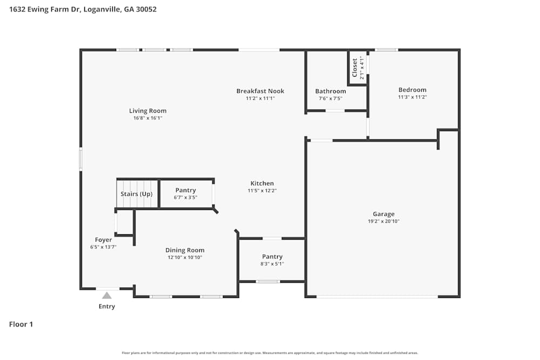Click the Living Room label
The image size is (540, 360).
pyautogui.click(x=147, y=111)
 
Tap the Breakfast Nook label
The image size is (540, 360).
pyautogui.click(x=260, y=91)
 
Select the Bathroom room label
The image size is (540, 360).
pyautogui.click(x=330, y=91)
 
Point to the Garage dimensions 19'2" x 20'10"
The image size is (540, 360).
pyautogui.click(x=383, y=221)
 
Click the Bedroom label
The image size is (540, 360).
pyautogui.click(x=412, y=90)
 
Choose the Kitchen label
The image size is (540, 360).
pyautogui.click(x=262, y=183)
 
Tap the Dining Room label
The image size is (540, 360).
pyautogui.click(x=185, y=250)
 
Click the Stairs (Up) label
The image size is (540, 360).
pyautogui.click(x=136, y=194)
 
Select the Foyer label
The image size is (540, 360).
pyautogui.click(x=103, y=240)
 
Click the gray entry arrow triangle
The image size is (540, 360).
pyautogui.click(x=107, y=295)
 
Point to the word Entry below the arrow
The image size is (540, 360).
pyautogui.click(x=106, y=307)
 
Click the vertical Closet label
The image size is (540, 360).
pyautogui.click(x=355, y=67)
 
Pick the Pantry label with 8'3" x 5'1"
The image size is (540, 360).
pyautogui.click(x=272, y=256)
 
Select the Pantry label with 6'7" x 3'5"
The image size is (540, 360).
pyautogui.click(x=185, y=190)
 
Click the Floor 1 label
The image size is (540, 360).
pyautogui.click(x=21, y=324)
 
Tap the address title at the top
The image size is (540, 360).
pyautogui.click(x=83, y=9)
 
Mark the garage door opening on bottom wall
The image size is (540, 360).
pyautogui.click(x=377, y=296)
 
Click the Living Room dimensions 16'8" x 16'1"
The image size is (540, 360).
pyautogui.click(x=147, y=118)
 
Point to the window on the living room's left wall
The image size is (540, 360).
pyautogui.click(x=81, y=160)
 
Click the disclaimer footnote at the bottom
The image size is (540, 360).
pyautogui.click(x=270, y=353)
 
